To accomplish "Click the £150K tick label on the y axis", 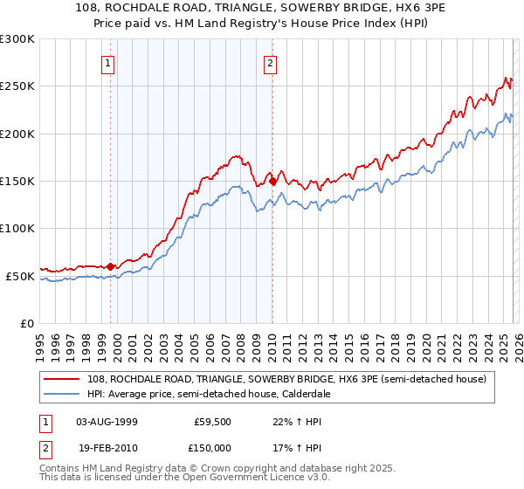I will click(x=17, y=181).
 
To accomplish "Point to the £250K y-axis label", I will click(x=17, y=86).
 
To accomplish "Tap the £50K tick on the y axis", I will click(x=20, y=276).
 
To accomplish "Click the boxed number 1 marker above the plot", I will click(x=107, y=63).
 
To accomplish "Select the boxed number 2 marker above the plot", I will click(x=271, y=63).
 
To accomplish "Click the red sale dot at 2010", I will click(x=272, y=182).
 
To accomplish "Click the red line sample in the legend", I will click(x=62, y=379).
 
